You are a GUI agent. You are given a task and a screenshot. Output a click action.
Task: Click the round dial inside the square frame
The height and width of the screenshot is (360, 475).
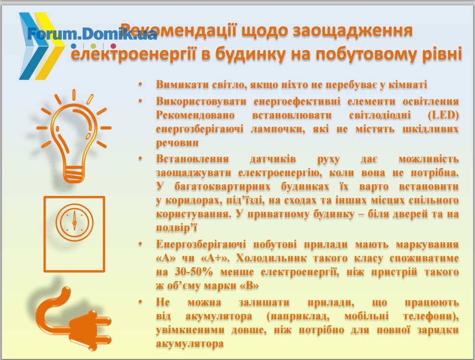[74, 222]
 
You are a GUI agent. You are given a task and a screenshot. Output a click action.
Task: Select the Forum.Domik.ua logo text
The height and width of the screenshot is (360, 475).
[92, 34]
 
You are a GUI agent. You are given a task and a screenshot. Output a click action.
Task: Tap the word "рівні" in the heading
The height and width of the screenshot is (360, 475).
[442, 54]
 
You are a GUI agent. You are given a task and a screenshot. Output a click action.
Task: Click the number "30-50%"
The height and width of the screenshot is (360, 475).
[194, 272]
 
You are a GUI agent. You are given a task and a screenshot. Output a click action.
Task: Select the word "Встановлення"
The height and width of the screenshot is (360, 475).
[192, 159]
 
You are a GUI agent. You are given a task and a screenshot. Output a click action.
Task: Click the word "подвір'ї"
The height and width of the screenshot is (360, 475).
[177, 228]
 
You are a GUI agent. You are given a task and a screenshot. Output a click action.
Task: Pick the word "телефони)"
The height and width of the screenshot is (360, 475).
[431, 316]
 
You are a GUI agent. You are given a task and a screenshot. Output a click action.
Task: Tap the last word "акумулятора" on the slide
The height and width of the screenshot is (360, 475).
[190, 344]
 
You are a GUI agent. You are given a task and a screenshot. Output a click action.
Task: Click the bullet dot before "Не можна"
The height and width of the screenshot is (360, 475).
[140, 302]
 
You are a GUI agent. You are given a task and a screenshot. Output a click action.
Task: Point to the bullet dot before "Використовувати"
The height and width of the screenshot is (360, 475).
[140, 100]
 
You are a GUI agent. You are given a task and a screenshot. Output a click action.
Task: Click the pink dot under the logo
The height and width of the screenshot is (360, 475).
[113, 46]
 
